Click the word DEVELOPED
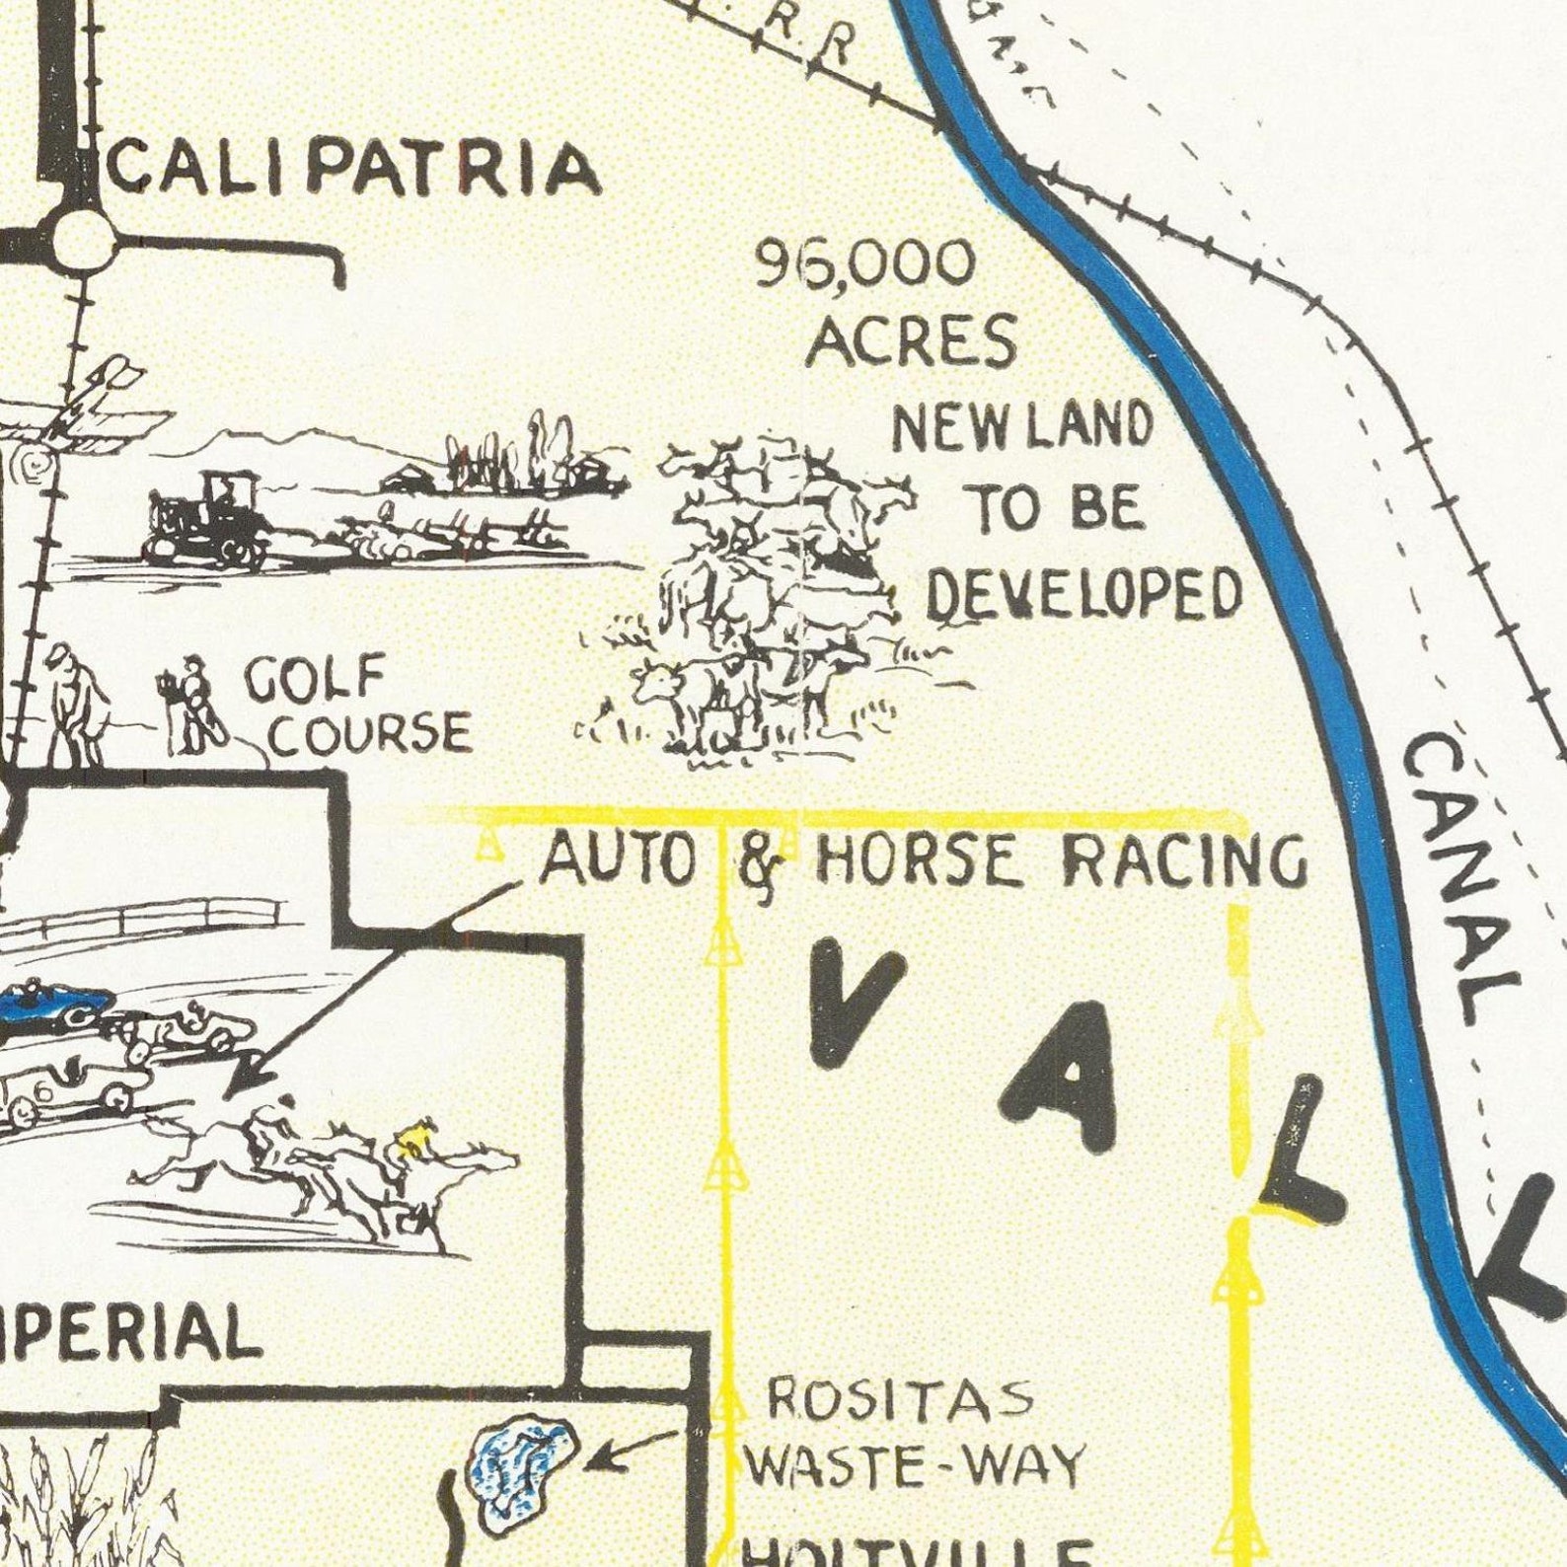[1083, 596]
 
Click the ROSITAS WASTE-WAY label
[913, 1432]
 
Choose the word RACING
[1184, 860]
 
